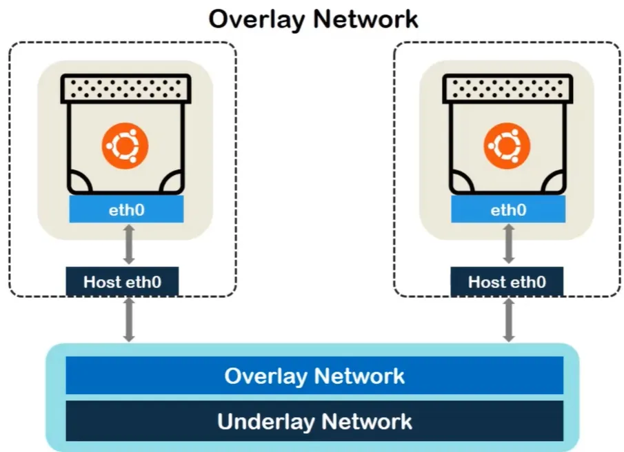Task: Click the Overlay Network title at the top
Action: pos(313,19)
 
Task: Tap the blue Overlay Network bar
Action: pos(314,376)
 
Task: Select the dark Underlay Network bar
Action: pos(314,421)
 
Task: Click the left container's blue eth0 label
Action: pos(126,209)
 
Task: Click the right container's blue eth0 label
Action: pos(508,209)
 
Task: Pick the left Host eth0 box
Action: pos(122,282)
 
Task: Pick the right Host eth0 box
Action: pos(507,282)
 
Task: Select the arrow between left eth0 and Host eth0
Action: pos(128,245)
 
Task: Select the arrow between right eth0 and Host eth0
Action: pos(509,245)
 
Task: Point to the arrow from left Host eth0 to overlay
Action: pos(128,320)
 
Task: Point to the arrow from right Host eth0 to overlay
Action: pos(509,320)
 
